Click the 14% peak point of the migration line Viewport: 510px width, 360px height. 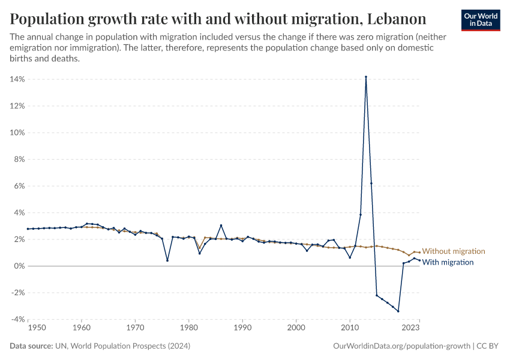click(366, 77)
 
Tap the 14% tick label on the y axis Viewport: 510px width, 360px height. click(17, 79)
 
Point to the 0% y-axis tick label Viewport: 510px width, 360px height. click(19, 266)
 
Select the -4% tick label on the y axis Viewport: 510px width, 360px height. click(17, 319)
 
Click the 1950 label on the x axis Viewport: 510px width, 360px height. click(37, 328)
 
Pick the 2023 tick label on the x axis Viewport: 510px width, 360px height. click(410, 328)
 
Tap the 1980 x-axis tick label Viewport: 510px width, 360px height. click(188, 328)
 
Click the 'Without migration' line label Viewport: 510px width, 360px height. click(453, 251)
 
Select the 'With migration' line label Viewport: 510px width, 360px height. click(448, 262)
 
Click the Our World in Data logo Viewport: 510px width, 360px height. click(481, 20)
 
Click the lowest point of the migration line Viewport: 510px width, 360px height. click(398, 311)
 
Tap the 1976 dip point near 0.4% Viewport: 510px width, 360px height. click(167, 260)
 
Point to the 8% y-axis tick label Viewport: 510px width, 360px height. click(19, 159)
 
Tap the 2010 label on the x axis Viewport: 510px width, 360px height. click(349, 328)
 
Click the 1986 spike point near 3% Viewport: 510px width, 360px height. click(221, 225)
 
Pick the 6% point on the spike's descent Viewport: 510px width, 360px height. click(371, 184)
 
